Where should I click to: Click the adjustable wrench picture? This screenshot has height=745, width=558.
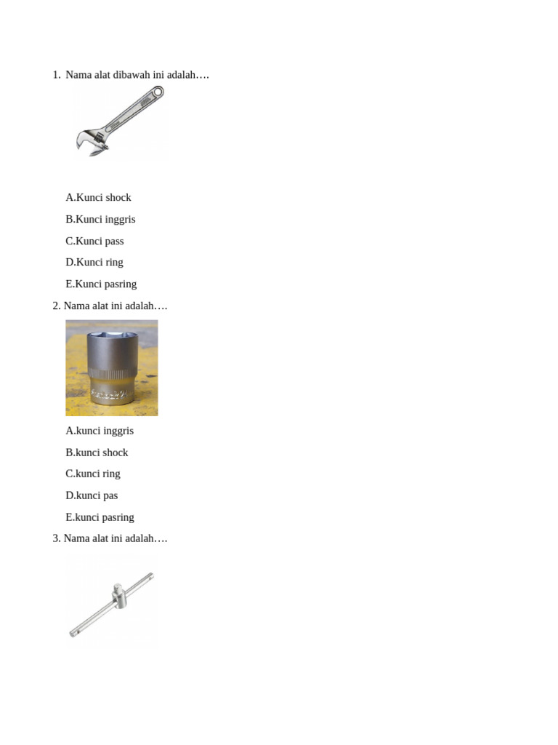coord(120,121)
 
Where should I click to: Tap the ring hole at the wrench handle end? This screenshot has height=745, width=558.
coord(158,91)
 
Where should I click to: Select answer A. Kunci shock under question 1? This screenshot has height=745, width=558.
coord(98,198)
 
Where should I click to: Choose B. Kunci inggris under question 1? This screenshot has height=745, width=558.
coord(100,220)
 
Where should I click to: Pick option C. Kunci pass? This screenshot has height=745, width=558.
coord(94,242)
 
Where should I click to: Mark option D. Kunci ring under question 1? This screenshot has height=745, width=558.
coord(94,262)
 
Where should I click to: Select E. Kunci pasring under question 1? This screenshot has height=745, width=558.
coord(101,284)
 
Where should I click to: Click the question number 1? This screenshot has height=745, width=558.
coord(57,75)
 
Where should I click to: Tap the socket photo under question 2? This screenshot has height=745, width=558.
coord(111,367)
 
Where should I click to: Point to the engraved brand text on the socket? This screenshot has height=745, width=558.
coord(110,394)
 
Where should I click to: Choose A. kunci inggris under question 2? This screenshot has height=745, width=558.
coord(100,431)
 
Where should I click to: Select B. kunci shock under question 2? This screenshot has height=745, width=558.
coord(97,453)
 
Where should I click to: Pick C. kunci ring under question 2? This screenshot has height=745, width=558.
coord(93,474)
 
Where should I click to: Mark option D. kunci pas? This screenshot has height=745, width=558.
coord(92,495)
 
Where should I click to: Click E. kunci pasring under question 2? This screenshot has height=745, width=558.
coord(100,517)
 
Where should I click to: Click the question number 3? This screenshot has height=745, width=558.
coord(57,539)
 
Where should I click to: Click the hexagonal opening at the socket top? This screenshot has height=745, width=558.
coord(112,335)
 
